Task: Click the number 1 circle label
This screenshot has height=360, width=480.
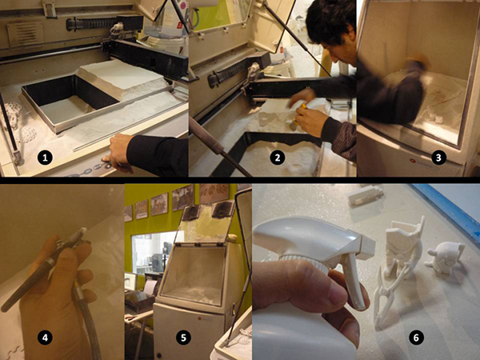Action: pos(45,158)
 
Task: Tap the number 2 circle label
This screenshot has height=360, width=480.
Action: pos(278,158)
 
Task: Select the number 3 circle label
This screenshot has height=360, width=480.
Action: pos(438,158)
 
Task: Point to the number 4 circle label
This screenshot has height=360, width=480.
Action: pos(45,338)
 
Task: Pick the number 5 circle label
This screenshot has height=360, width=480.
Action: pos(183,338)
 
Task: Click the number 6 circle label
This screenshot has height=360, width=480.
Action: pos(416,338)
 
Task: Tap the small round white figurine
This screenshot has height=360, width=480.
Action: pos(446,258)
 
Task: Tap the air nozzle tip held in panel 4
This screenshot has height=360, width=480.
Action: pos(82,231)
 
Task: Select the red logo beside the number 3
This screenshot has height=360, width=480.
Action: pos(412,161)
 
